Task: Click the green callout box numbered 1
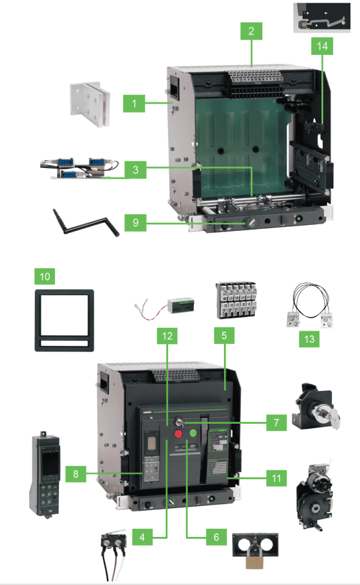(x=134, y=104)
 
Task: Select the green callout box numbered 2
(x=251, y=31)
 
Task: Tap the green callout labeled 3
(x=134, y=169)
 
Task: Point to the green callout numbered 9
(x=134, y=223)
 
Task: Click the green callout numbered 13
(x=308, y=339)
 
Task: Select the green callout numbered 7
(x=275, y=424)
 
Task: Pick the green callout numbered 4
(x=142, y=536)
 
